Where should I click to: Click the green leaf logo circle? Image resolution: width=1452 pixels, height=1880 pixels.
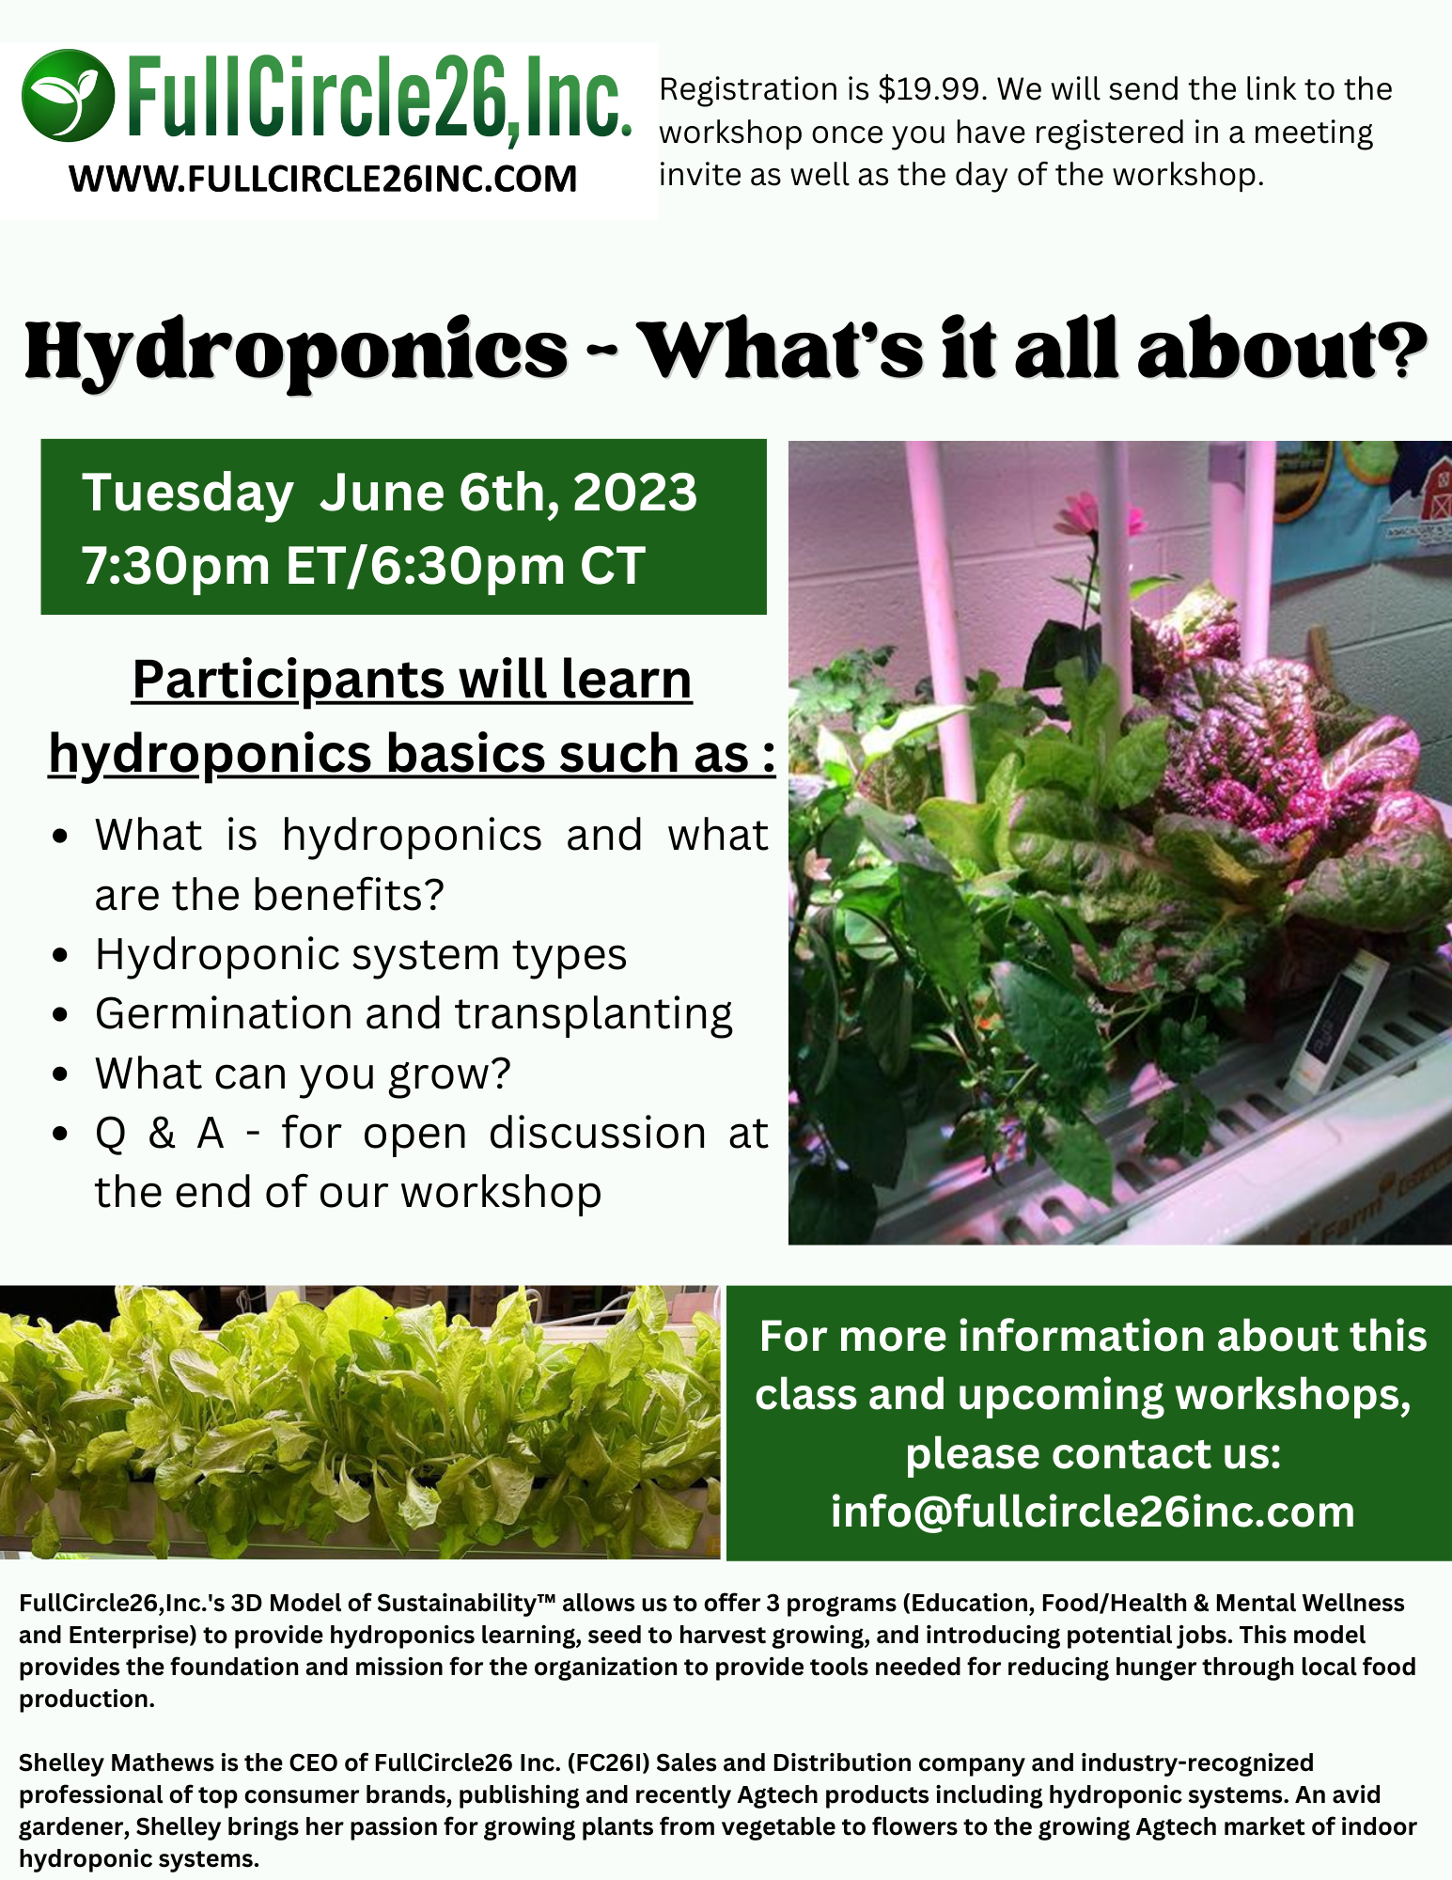[68, 95]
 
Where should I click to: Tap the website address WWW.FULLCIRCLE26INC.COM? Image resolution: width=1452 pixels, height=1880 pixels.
[322, 179]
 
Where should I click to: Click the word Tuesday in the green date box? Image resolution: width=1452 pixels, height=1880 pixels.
[187, 493]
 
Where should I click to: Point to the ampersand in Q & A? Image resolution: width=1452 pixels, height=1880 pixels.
[162, 1134]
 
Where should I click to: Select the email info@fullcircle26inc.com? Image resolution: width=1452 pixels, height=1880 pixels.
[1092, 1512]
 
